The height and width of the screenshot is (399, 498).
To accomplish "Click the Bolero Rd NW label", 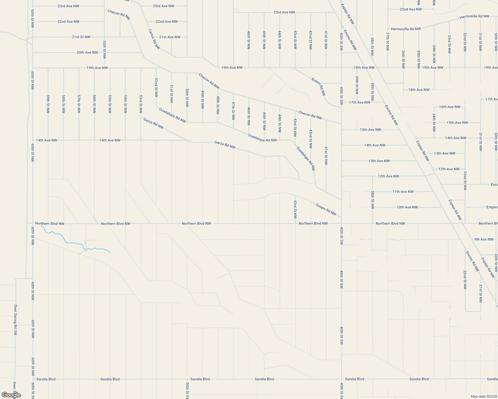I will [x=319, y=86].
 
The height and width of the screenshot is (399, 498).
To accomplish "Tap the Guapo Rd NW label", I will [x=326, y=209].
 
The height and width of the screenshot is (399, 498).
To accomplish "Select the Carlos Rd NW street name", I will [x=154, y=39].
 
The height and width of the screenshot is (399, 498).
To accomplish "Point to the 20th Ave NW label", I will [x=87, y=53].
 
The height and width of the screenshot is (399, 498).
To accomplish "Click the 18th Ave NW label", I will [x=419, y=90].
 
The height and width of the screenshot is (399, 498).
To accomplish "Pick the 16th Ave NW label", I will [x=449, y=107].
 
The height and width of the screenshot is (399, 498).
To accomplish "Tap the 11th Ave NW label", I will [x=403, y=192].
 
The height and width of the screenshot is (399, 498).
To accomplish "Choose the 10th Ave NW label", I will [x=407, y=207].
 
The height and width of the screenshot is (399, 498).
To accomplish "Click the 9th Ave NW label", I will [x=484, y=239].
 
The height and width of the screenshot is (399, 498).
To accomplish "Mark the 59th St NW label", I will [x=48, y=104].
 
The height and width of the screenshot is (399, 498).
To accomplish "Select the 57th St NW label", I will [x=79, y=104].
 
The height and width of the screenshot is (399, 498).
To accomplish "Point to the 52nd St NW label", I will [x=156, y=87].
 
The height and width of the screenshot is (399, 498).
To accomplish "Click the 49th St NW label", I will [x=202, y=99].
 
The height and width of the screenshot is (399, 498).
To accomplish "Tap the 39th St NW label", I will [x=357, y=85].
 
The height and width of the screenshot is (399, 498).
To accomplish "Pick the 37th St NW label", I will [x=388, y=41].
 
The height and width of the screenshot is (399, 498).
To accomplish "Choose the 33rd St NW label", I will [x=449, y=44].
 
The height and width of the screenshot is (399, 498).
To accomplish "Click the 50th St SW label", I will [x=187, y=390].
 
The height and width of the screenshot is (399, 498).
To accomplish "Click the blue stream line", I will [x=73, y=243].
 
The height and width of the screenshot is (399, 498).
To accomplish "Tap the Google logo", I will [x=11, y=395].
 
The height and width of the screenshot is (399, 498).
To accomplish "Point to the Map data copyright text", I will [x=483, y=396].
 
